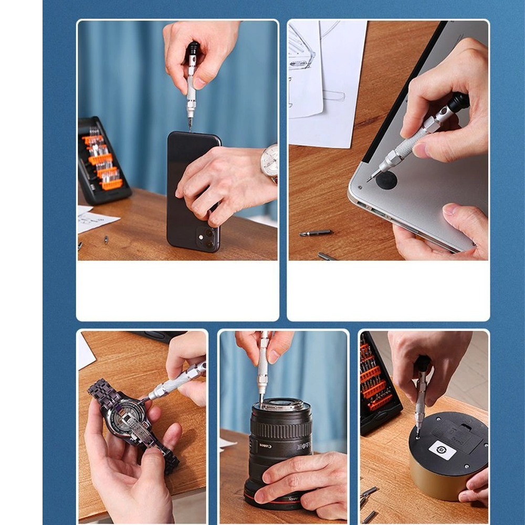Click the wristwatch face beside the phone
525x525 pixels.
(x=269, y=161)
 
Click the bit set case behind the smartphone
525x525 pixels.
(x=103, y=161)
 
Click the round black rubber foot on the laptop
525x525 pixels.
(x=386, y=180)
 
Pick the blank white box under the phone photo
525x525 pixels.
(x=177, y=290)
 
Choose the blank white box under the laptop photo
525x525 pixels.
(x=388, y=290)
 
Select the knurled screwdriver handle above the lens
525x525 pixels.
(x=262, y=367)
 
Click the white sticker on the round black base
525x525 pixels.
(x=441, y=450)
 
